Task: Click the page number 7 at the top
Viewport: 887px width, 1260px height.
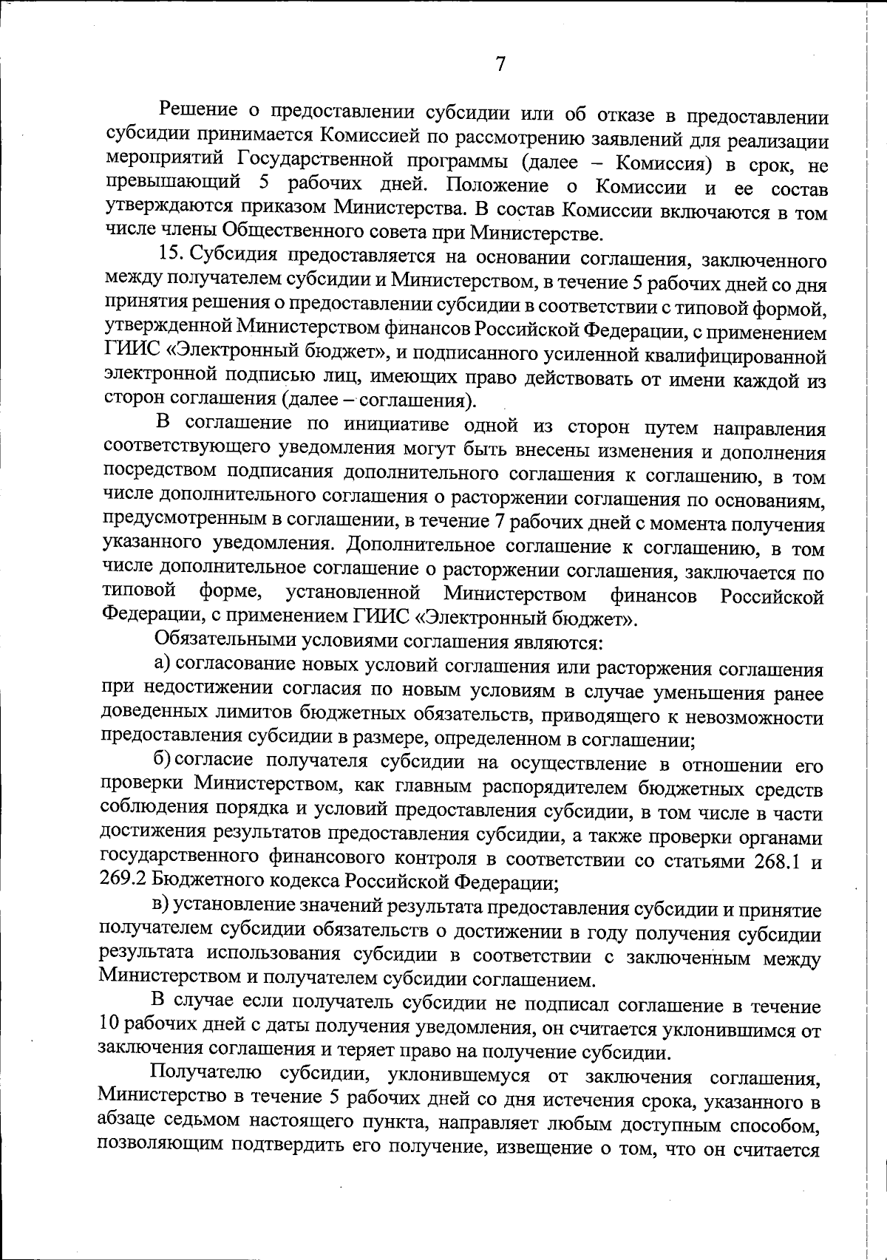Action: [x=500, y=64]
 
